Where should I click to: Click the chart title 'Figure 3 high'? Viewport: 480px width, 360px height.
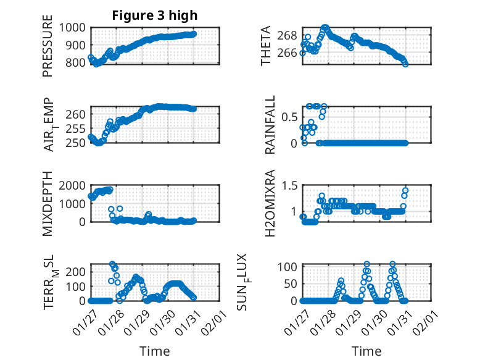[x=155, y=16]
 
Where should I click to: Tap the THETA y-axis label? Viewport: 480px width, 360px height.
[x=266, y=46]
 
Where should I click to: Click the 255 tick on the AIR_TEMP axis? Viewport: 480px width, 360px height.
[x=78, y=129]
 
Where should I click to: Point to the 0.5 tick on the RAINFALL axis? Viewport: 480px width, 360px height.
[x=289, y=116]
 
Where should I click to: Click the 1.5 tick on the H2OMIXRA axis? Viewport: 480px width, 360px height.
[x=289, y=185]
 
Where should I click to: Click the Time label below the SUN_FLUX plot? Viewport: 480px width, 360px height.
[x=366, y=351]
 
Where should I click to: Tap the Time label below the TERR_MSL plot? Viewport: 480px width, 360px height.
[x=155, y=351]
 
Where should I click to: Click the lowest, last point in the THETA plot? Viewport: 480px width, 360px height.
[x=405, y=64]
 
